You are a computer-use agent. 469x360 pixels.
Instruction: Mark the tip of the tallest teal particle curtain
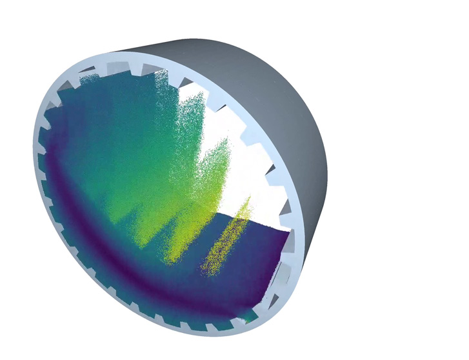pyautogui.click(x=161, y=70)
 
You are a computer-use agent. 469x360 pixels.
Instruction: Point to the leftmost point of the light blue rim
pyautogui.click(x=34, y=142)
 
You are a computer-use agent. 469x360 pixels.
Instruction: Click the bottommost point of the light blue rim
pyautogui.click(x=213, y=336)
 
